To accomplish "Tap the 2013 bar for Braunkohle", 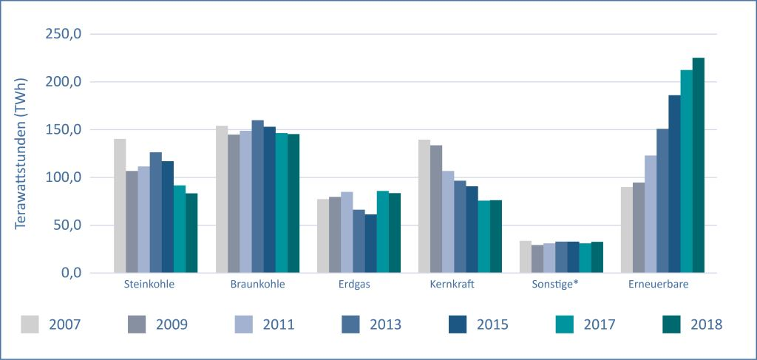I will [x=257, y=197].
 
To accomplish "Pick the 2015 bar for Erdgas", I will [x=370, y=244].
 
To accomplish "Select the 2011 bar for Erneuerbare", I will [x=651, y=214].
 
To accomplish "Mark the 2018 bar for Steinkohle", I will [x=191, y=233].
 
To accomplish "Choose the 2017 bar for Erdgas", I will [x=382, y=232].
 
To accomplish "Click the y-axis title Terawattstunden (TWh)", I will [x=21, y=154].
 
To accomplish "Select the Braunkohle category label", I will [x=257, y=284].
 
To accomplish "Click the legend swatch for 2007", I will [x=30, y=324].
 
